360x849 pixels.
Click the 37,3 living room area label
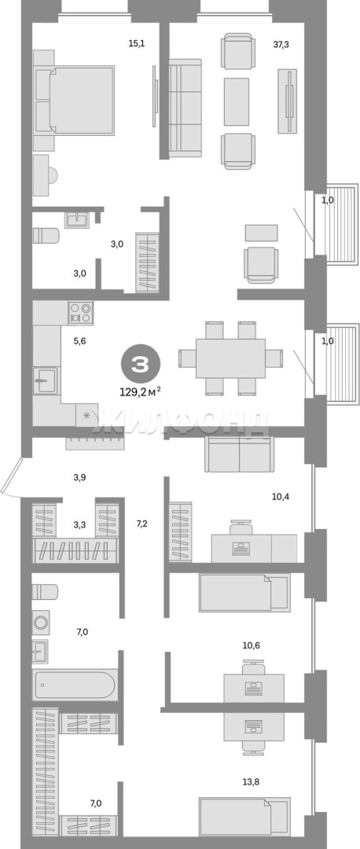point(281,44)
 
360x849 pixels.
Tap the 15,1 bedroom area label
point(135,44)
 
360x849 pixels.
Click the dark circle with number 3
point(140,365)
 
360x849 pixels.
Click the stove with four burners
point(81,313)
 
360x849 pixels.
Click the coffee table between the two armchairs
point(237,101)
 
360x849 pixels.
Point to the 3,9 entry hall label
point(80,478)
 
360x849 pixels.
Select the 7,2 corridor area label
point(141,523)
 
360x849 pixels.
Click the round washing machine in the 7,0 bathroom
point(41,621)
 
